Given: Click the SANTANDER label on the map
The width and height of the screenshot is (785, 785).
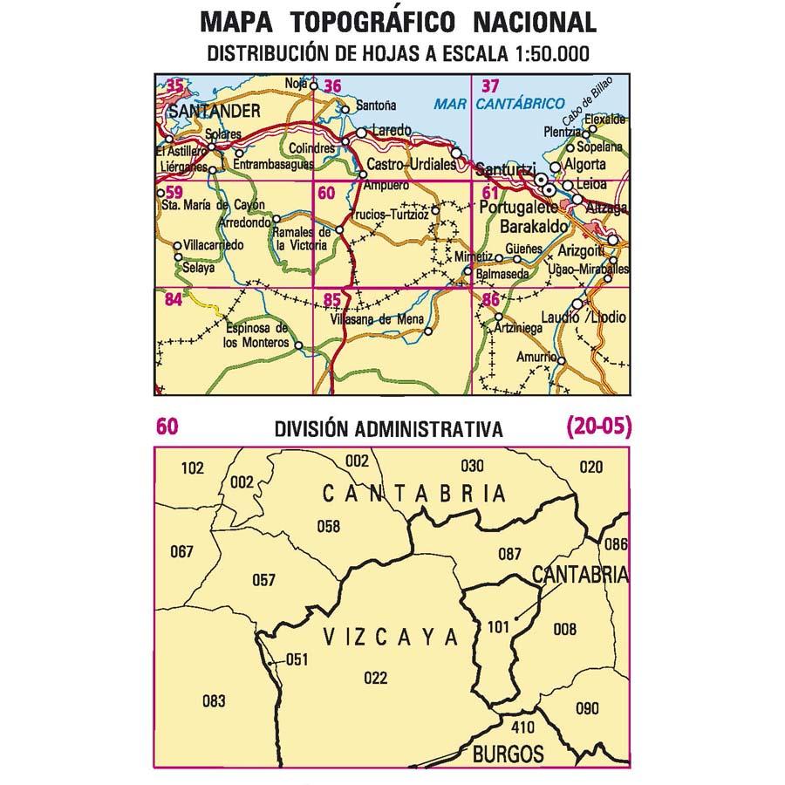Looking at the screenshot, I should [214, 111].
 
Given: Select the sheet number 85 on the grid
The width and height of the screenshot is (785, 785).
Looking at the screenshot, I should [331, 301].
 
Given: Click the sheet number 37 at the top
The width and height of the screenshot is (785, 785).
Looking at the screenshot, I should [491, 85].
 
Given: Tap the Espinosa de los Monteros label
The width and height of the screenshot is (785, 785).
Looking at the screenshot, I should [256, 336].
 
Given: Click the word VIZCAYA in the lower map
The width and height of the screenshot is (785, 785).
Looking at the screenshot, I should [390, 638].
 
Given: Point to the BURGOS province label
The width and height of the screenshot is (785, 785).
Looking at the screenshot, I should [509, 754].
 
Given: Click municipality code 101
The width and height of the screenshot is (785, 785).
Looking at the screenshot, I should [498, 625].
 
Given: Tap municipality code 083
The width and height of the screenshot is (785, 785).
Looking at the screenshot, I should [213, 700].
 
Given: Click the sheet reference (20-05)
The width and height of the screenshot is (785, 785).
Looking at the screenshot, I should [597, 427].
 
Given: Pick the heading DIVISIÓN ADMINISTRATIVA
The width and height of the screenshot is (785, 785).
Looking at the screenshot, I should [388, 429].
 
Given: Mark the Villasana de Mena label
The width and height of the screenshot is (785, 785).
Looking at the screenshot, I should [377, 319].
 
